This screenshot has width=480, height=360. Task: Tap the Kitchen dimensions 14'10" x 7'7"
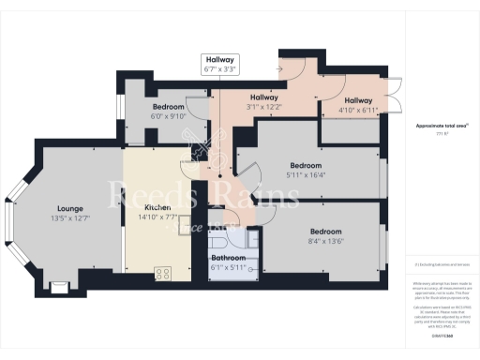tap(157, 217)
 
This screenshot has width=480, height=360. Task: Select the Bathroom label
tap(228, 257)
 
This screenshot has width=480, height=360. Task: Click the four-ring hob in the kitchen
tap(162, 274)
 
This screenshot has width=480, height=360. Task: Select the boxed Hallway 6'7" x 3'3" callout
tap(219, 63)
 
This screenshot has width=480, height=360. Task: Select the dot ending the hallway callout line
tap(219, 174)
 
